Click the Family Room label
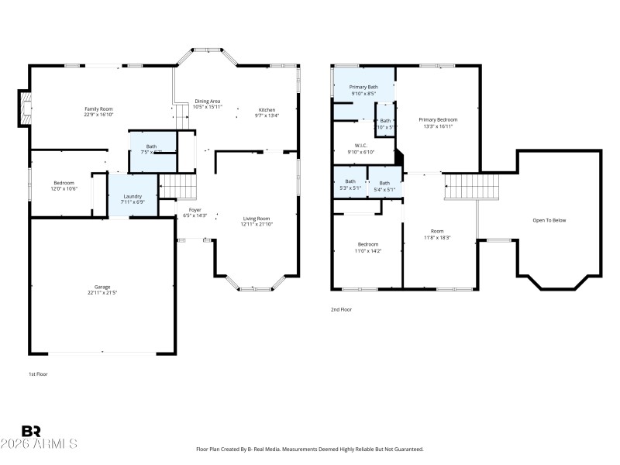[x=98, y=109]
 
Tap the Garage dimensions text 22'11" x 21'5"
[x=97, y=293]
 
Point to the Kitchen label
[x=266, y=109]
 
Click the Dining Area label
[x=208, y=102]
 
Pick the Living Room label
[x=257, y=219]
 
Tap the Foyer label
[x=195, y=210]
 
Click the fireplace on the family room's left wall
[x=25, y=108]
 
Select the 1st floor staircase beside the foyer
[x=177, y=187]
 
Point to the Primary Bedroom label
[x=438, y=120]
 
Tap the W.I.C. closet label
[x=360, y=145]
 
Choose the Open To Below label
[x=549, y=220]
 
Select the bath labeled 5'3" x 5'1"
[x=350, y=182]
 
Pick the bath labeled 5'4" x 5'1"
[x=384, y=183]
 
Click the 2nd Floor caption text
[x=341, y=309]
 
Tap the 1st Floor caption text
[x=39, y=374]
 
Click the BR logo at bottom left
[x=31, y=431]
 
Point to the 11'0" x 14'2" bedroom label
[x=367, y=244]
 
